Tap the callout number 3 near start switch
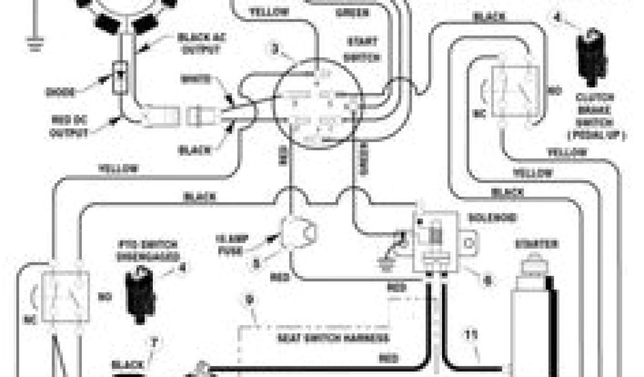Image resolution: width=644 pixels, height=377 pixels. pyautogui.click(x=275, y=46)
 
